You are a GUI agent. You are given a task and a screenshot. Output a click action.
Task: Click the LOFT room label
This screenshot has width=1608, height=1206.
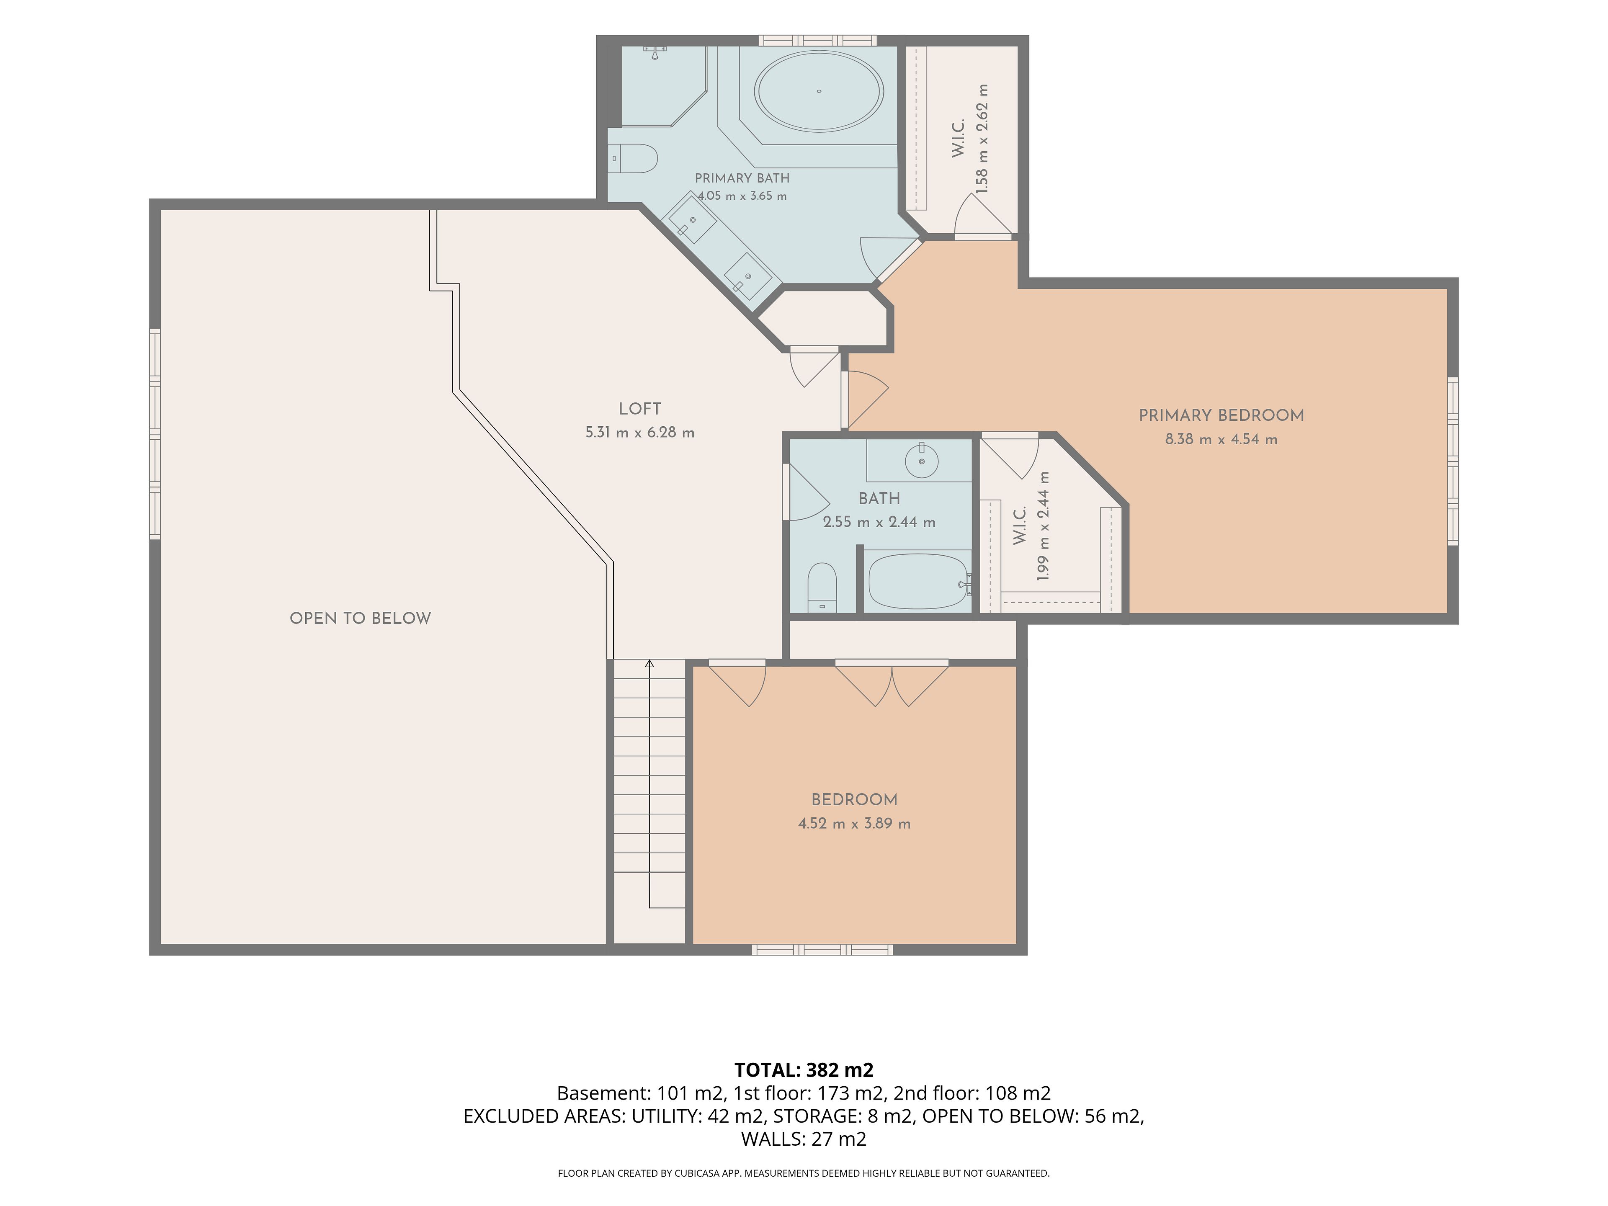[x=640, y=409]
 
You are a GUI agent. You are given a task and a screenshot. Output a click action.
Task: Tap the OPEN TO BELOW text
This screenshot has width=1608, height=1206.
[x=361, y=618]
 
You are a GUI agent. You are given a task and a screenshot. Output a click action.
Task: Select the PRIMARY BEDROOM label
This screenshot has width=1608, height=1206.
[x=1221, y=416]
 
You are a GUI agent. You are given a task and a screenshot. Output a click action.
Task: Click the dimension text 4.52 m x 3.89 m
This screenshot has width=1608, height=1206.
[x=854, y=824]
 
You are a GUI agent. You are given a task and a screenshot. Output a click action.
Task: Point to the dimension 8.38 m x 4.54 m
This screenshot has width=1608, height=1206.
[x=1221, y=439]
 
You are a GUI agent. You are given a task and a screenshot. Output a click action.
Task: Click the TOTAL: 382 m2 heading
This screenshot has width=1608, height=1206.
[x=804, y=1070]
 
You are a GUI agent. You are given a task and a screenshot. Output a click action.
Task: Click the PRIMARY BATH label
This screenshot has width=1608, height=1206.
[x=742, y=178]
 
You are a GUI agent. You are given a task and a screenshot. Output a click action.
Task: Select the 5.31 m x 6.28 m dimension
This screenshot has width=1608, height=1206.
[x=640, y=433]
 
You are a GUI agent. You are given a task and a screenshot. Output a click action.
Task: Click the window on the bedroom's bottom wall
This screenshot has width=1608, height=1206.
[x=822, y=949]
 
